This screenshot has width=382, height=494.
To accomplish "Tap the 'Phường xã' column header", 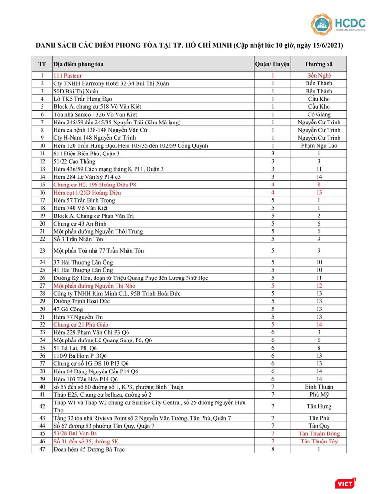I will click(x=319, y=64).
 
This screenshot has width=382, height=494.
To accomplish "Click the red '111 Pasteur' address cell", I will click(x=68, y=76).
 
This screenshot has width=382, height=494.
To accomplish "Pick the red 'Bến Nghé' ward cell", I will click(x=319, y=76).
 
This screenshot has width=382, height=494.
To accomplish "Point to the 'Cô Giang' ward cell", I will click(x=319, y=114).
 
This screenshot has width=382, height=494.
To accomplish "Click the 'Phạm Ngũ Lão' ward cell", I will click(x=319, y=145).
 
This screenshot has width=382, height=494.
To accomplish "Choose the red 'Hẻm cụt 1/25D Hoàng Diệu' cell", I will click(x=87, y=192).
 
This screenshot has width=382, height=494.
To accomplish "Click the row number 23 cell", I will click(x=42, y=250).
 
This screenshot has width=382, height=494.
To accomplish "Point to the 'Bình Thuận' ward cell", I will click(x=319, y=387).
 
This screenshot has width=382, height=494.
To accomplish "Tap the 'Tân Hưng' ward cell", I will click(x=319, y=406).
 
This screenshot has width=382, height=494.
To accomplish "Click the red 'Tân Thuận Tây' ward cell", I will click(x=319, y=441).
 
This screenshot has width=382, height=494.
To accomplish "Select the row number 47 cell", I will click(x=42, y=449).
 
